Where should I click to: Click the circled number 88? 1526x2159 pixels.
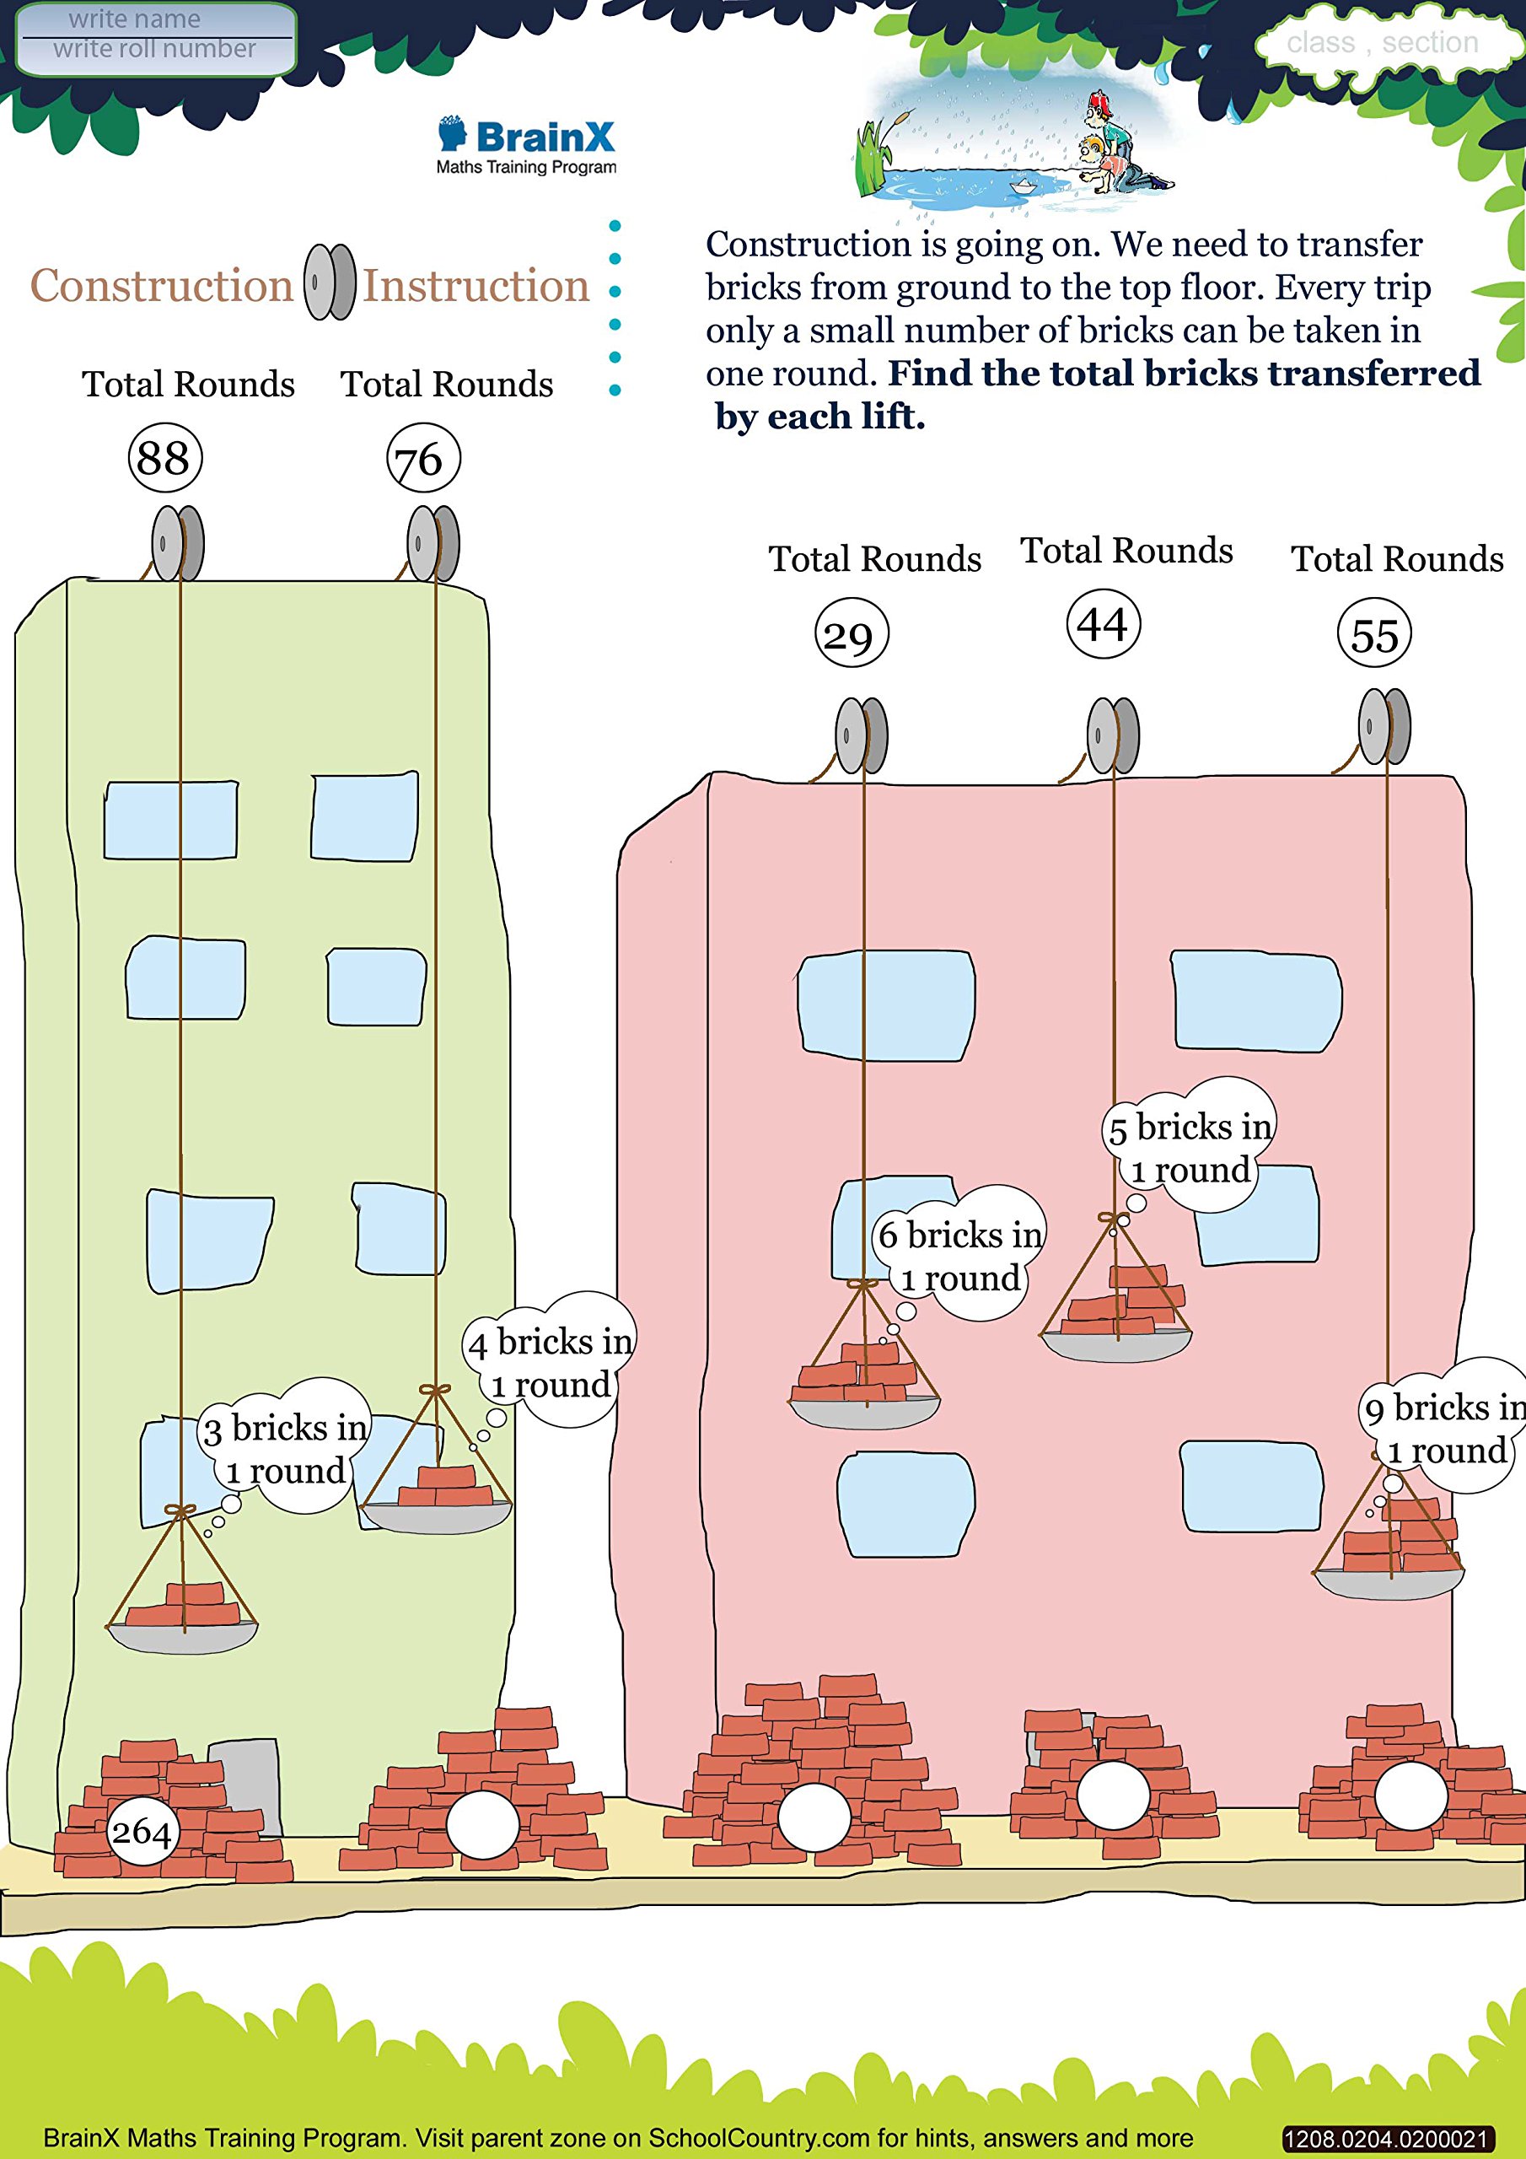coord(164,458)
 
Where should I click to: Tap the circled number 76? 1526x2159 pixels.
coord(423,459)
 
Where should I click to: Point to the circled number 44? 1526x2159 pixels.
coord(1103,624)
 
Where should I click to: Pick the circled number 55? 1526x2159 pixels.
coord(1373,633)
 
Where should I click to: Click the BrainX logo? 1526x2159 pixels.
coord(527,146)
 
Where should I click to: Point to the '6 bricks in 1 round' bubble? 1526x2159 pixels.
coord(960,1254)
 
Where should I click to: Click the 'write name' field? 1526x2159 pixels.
coord(134,19)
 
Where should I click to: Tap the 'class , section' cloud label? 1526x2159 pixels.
coord(1382,43)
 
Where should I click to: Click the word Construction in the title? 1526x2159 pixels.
coord(162,286)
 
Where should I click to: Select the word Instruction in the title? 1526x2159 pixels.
coord(476,286)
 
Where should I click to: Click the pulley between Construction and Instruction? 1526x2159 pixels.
coord(329,282)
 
